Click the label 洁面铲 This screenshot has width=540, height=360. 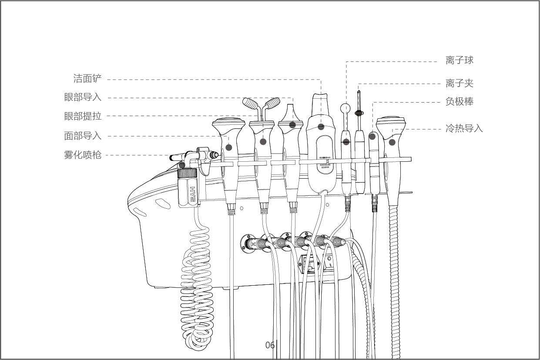[87, 79]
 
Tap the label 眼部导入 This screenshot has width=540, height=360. [83, 97]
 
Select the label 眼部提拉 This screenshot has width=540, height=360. [83, 116]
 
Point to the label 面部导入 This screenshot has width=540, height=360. [83, 136]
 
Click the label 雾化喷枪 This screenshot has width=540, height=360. [83, 155]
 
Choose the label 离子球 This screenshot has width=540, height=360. [460, 60]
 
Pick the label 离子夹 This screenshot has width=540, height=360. [460, 83]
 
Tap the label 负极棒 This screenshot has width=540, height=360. [460, 101]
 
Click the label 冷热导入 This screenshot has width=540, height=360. [464, 128]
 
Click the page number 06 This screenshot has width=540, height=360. [270, 345]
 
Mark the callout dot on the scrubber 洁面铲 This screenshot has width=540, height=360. [321, 127]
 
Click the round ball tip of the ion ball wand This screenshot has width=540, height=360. [345, 109]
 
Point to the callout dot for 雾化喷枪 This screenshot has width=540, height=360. [182, 165]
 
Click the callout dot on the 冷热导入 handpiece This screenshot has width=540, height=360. [392, 142]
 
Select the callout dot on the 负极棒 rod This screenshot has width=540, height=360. [372, 137]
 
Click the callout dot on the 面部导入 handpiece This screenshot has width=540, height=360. [229, 147]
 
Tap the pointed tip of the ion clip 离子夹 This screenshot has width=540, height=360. [359, 91]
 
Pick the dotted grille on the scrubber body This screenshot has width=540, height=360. [325, 162]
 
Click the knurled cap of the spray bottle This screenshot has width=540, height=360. [187, 173]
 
